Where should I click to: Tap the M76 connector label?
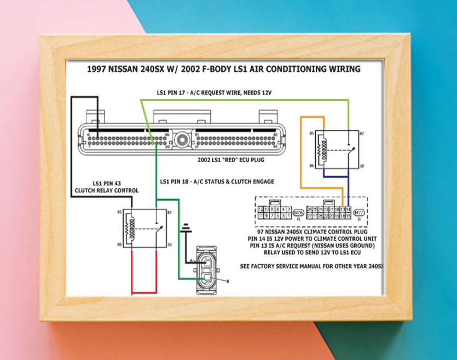[x=298, y=213]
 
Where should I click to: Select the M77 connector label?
[x=359, y=213]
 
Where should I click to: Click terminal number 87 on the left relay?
[x=170, y=212]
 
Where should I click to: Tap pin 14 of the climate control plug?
[x=348, y=210]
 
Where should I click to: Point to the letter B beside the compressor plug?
[x=228, y=281]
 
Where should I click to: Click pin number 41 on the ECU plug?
[x=89, y=133]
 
